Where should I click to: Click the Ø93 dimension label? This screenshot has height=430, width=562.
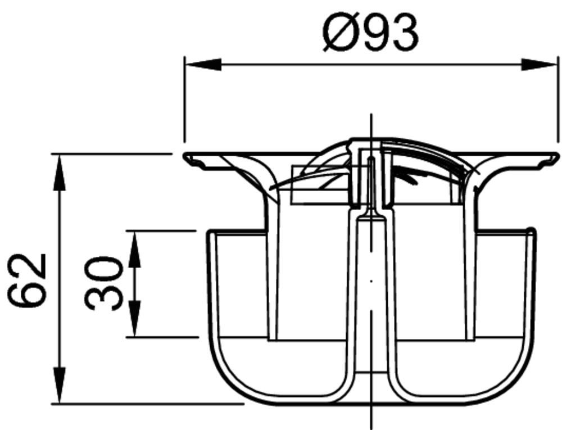[370, 33]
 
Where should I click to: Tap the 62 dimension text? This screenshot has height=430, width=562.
[27, 280]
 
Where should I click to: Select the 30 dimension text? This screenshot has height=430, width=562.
[104, 283]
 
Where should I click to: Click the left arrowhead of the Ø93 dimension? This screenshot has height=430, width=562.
[202, 65]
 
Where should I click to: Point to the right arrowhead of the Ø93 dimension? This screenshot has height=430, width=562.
[540, 65]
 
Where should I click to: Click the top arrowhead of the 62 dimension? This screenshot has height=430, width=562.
[60, 172]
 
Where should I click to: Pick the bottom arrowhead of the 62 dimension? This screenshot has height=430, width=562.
[60, 386]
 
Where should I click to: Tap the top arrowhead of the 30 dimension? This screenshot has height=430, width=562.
[134, 249]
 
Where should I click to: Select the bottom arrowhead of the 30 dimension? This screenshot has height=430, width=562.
[134, 319]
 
